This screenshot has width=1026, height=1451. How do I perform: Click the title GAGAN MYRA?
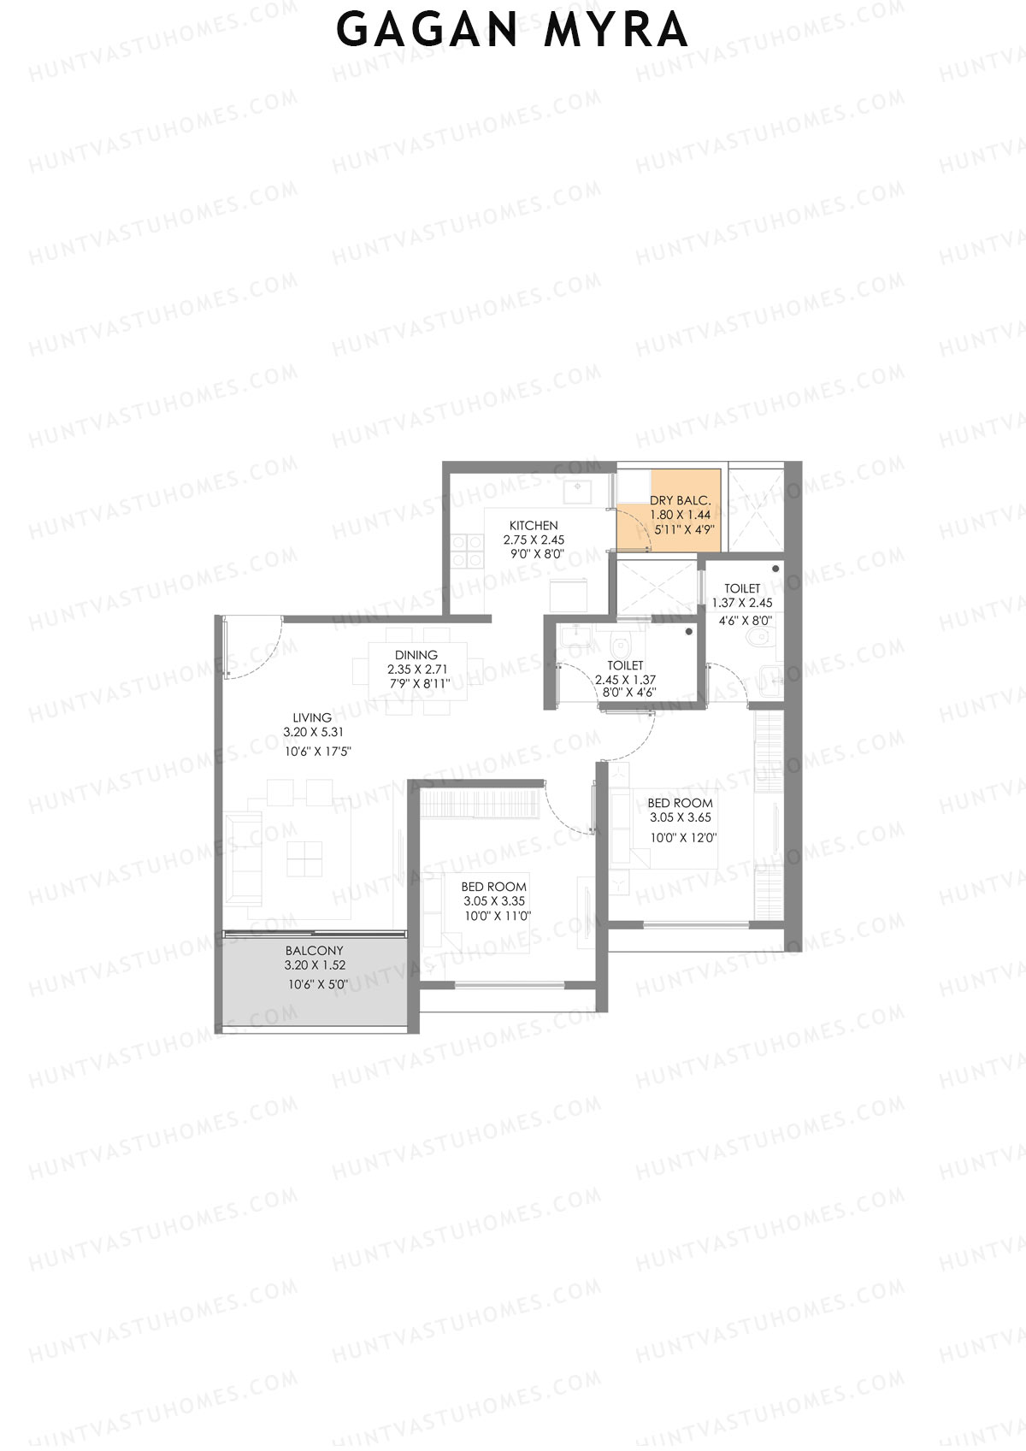511,30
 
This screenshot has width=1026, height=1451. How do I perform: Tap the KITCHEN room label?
534,526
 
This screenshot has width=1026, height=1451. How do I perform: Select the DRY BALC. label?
680,501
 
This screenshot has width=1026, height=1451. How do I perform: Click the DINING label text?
416,655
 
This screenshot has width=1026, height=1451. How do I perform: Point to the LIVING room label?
312,718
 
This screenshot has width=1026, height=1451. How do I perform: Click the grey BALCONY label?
315,951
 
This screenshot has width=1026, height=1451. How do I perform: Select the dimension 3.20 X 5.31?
314,733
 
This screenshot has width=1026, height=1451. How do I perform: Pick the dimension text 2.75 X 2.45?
534,540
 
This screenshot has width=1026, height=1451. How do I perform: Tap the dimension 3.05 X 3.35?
494,901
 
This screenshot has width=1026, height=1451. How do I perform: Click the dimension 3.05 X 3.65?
681,817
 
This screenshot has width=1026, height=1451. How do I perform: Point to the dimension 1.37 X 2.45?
742,603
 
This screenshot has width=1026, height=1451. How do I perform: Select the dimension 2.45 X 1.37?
625,680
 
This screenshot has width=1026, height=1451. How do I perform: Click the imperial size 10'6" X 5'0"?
318,985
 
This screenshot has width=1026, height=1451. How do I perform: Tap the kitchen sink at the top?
579,493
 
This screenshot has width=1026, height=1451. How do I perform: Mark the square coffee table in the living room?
304,858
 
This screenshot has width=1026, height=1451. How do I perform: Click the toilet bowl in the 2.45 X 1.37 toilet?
620,642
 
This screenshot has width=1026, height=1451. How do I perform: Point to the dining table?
418,670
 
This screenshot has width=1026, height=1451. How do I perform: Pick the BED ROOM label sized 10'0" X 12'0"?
680,803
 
